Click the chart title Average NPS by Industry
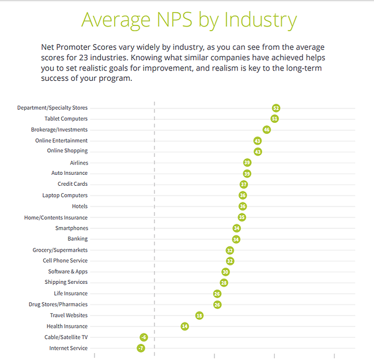pos(189,20)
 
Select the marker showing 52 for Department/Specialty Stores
pos(277,108)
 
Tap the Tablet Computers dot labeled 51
pos(275,119)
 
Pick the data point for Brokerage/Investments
pos(266,130)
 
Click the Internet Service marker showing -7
pos(141,348)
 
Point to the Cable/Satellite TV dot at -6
pos(143,337)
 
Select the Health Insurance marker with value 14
pos(184,326)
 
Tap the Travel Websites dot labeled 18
pos(199,316)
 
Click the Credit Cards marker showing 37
pos(244,185)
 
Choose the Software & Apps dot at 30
pos(225,272)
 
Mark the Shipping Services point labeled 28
pos(224,283)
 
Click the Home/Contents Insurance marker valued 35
pos(242,217)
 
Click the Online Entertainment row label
pos(61,141)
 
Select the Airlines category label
pos(78,163)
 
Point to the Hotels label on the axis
pos(80,207)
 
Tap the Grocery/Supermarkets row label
pos(60,250)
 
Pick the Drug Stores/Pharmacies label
pos(58,305)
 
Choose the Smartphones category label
pos(72,228)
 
